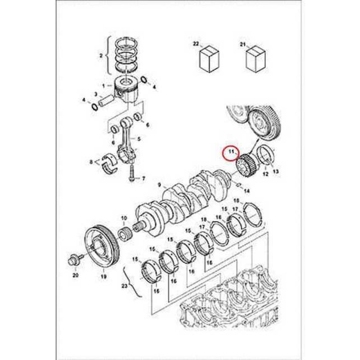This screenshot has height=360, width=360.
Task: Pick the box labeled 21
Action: tap(255, 59)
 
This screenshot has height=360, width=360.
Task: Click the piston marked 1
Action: tap(126, 90)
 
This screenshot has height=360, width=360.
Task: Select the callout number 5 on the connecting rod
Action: tap(139, 139)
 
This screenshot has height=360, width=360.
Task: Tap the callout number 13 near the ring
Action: tap(276, 172)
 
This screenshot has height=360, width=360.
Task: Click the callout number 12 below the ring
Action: tap(266, 175)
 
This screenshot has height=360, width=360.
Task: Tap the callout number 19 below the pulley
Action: tap(104, 277)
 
